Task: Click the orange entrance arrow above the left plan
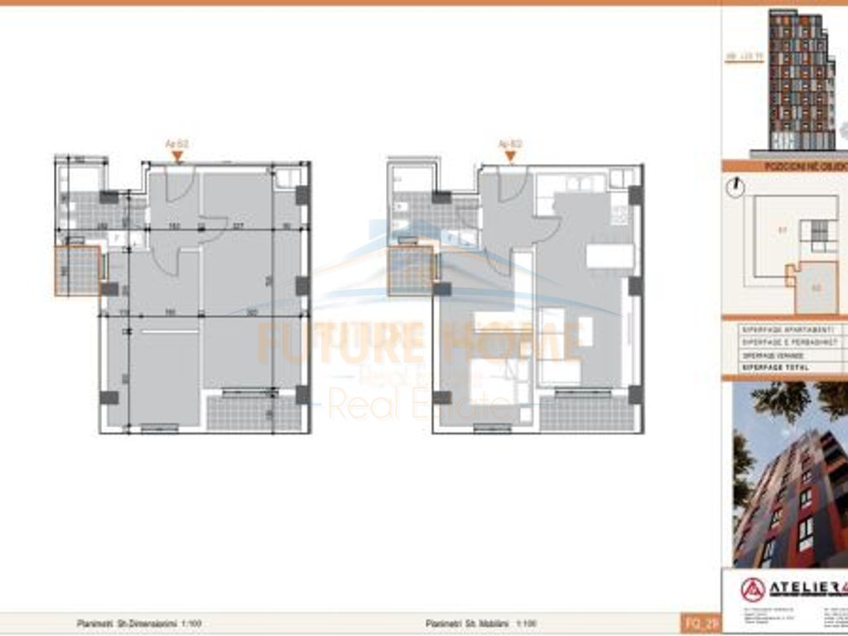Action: coord(176,154)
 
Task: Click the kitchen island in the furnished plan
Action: coord(609,255)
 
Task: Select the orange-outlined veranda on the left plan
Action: coord(78,271)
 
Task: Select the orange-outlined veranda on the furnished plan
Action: coord(411,271)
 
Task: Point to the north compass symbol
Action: coord(735,188)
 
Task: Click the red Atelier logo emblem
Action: coord(753,590)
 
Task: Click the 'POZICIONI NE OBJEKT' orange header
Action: coord(791,166)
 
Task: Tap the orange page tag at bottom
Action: coord(694,623)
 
